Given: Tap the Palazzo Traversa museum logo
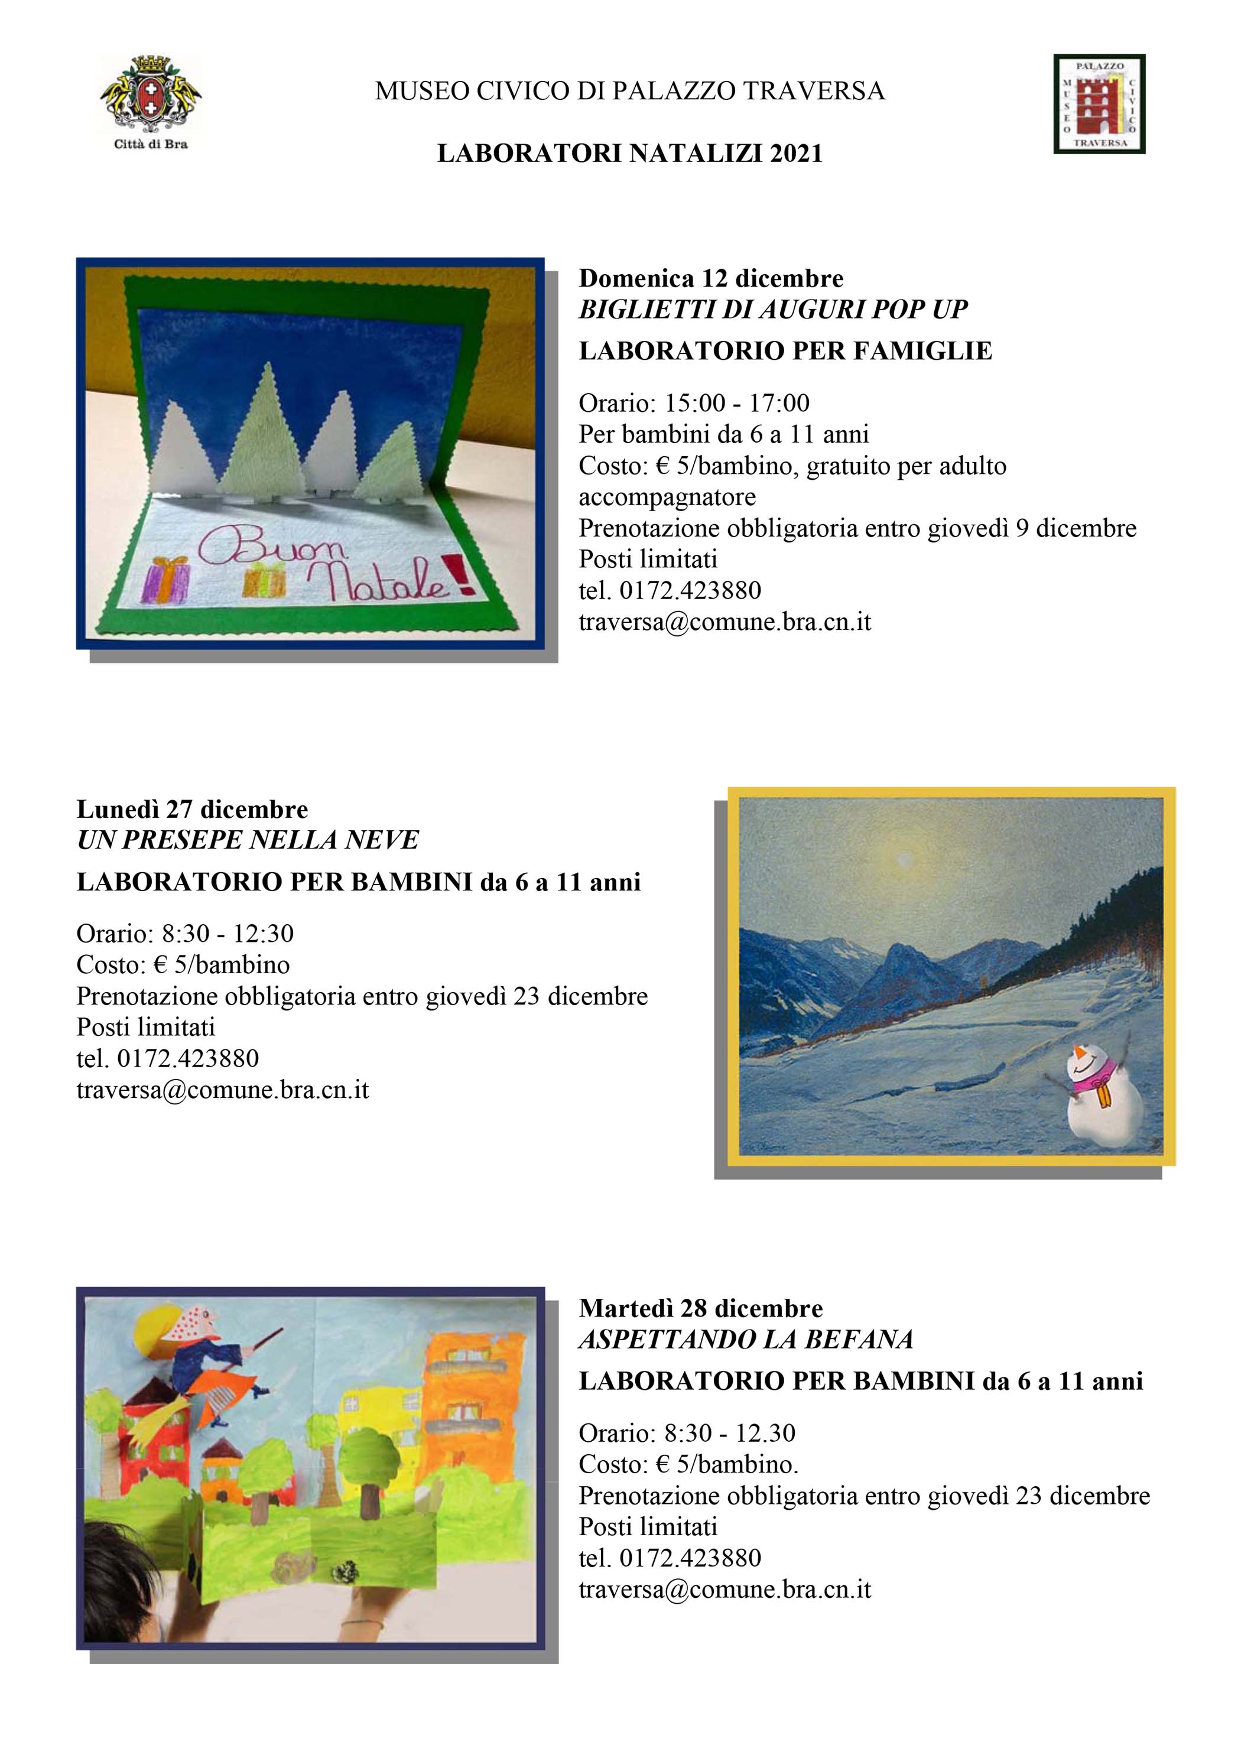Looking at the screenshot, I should [x=1100, y=103].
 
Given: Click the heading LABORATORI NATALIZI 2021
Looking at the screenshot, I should [x=629, y=154].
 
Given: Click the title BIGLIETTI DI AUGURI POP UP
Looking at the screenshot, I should [x=773, y=310].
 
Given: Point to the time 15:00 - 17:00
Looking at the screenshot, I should [x=737, y=402].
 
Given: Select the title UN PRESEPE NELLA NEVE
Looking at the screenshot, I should [x=248, y=840].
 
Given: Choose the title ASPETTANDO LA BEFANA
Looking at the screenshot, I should [x=746, y=1340].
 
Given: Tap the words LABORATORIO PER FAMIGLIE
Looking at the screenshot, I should [x=785, y=352].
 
